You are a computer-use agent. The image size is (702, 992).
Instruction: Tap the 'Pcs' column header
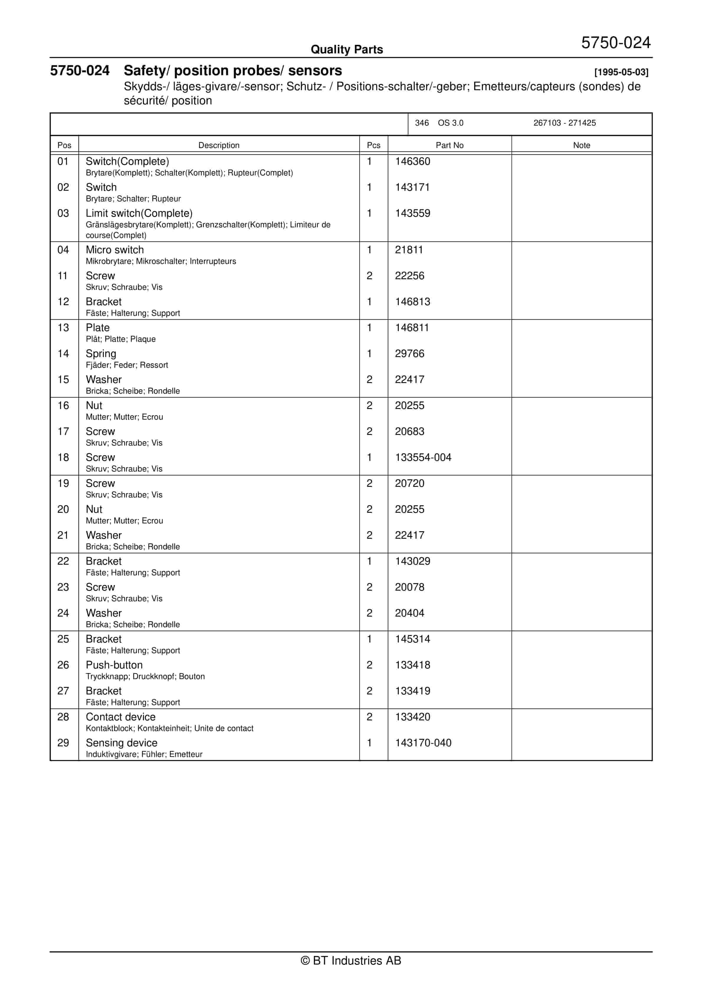pos(373,145)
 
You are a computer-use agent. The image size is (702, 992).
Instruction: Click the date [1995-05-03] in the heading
pos(621,72)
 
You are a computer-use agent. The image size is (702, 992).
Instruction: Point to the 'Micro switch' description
pos(114,250)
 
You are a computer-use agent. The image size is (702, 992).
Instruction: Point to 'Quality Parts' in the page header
pos(347,50)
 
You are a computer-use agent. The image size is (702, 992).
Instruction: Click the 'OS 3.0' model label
pos(450,123)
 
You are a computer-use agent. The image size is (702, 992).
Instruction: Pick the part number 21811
pos(409,250)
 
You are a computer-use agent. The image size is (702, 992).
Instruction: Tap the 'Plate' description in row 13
pos(98,328)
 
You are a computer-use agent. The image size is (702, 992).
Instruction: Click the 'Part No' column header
pos(449,145)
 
